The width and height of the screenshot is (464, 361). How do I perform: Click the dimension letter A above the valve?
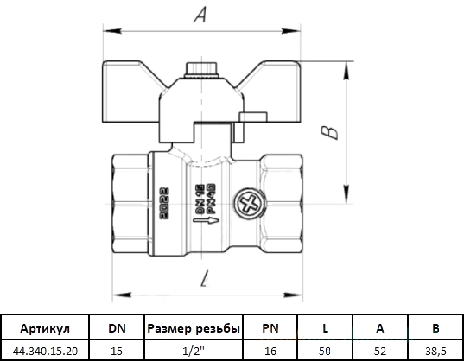[x=200, y=15]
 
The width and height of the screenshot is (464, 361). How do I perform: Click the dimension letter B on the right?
[x=329, y=132]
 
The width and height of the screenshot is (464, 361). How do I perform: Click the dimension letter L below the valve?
[x=205, y=278]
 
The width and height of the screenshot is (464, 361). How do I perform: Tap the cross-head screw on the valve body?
[x=250, y=204]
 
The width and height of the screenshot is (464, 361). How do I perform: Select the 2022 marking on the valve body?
[x=164, y=204]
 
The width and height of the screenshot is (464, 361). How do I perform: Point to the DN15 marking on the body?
[x=200, y=199]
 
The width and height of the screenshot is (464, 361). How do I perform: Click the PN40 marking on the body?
[x=211, y=199]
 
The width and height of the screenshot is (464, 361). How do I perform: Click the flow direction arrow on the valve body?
[x=207, y=220]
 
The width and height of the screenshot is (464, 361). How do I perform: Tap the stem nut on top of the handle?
[x=201, y=70]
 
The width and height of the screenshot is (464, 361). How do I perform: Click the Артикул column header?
[x=45, y=328]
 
